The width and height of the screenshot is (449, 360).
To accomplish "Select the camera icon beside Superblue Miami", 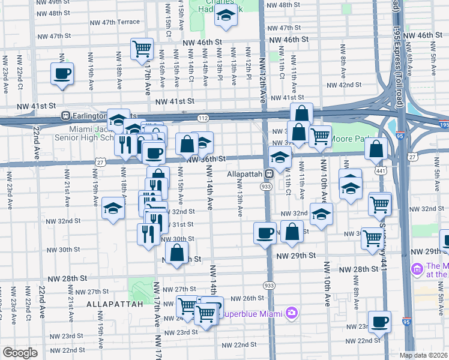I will (x=292, y=313).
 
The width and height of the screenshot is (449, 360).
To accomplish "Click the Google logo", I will (x=20, y=352).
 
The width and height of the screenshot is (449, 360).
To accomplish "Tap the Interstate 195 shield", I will (x=443, y=125).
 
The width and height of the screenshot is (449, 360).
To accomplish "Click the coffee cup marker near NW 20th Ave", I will (x=62, y=74).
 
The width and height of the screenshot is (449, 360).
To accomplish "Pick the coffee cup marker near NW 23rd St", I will (x=379, y=322).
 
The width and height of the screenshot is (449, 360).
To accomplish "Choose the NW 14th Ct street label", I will (x=191, y=67).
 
